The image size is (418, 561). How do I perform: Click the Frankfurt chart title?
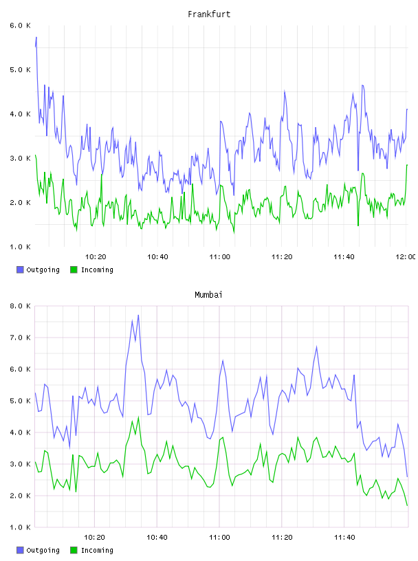pos(209,14)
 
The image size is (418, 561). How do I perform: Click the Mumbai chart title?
pos(208,295)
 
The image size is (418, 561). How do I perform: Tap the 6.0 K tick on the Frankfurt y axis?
pos(20,25)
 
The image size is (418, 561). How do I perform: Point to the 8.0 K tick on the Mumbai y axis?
pos(20,306)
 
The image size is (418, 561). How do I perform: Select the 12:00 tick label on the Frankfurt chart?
pos(406,256)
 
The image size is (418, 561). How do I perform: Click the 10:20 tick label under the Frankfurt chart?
pos(96,256)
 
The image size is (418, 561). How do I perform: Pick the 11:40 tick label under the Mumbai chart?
pos(344,537)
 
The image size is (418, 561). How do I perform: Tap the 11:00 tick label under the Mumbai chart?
pos(219,537)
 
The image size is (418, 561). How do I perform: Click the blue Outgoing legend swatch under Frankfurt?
pos(20,269)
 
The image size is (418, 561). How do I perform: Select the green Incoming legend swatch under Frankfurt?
pos(74,269)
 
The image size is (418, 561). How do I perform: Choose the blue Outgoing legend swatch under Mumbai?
pos(20,550)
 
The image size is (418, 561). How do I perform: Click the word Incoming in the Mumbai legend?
pos(97,550)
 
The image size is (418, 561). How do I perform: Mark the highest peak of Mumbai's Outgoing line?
pos(138,315)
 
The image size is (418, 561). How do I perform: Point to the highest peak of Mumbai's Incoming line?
pos(138,417)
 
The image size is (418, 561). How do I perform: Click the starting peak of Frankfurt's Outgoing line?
pos(36,37)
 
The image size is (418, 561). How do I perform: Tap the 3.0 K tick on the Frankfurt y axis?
pos(20,158)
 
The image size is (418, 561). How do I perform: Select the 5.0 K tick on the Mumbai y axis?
pos(20,401)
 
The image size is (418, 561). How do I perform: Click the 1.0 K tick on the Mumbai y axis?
pos(20,527)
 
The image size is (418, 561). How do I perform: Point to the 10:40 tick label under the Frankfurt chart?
pos(157,256)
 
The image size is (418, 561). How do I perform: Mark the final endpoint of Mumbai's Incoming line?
pos(407,505)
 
